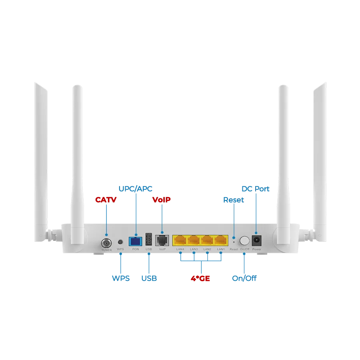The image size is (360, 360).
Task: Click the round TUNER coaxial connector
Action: tap(106, 242)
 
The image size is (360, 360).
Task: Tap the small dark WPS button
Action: tap(120, 242)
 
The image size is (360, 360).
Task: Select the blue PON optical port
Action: tap(135, 241)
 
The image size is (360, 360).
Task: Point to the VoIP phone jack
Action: tap(162, 240)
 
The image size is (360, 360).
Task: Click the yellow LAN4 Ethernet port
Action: tap(180, 240)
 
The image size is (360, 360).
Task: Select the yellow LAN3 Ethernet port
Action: tap(194, 240)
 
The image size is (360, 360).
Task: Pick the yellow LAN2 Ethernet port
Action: tap(207, 240)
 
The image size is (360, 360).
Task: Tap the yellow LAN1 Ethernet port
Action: tap(220, 240)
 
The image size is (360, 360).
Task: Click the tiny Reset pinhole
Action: tap(234, 242)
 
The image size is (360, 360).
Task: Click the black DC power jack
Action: tap(256, 240)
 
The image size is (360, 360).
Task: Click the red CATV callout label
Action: tap(106, 200)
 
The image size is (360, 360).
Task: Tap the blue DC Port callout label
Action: tap(256, 188)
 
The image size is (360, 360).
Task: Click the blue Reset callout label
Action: tap(234, 200)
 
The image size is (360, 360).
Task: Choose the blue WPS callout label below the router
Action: tap(121, 278)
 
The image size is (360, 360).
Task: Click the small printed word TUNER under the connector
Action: tap(106, 250)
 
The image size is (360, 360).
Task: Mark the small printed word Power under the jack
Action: tap(256, 249)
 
